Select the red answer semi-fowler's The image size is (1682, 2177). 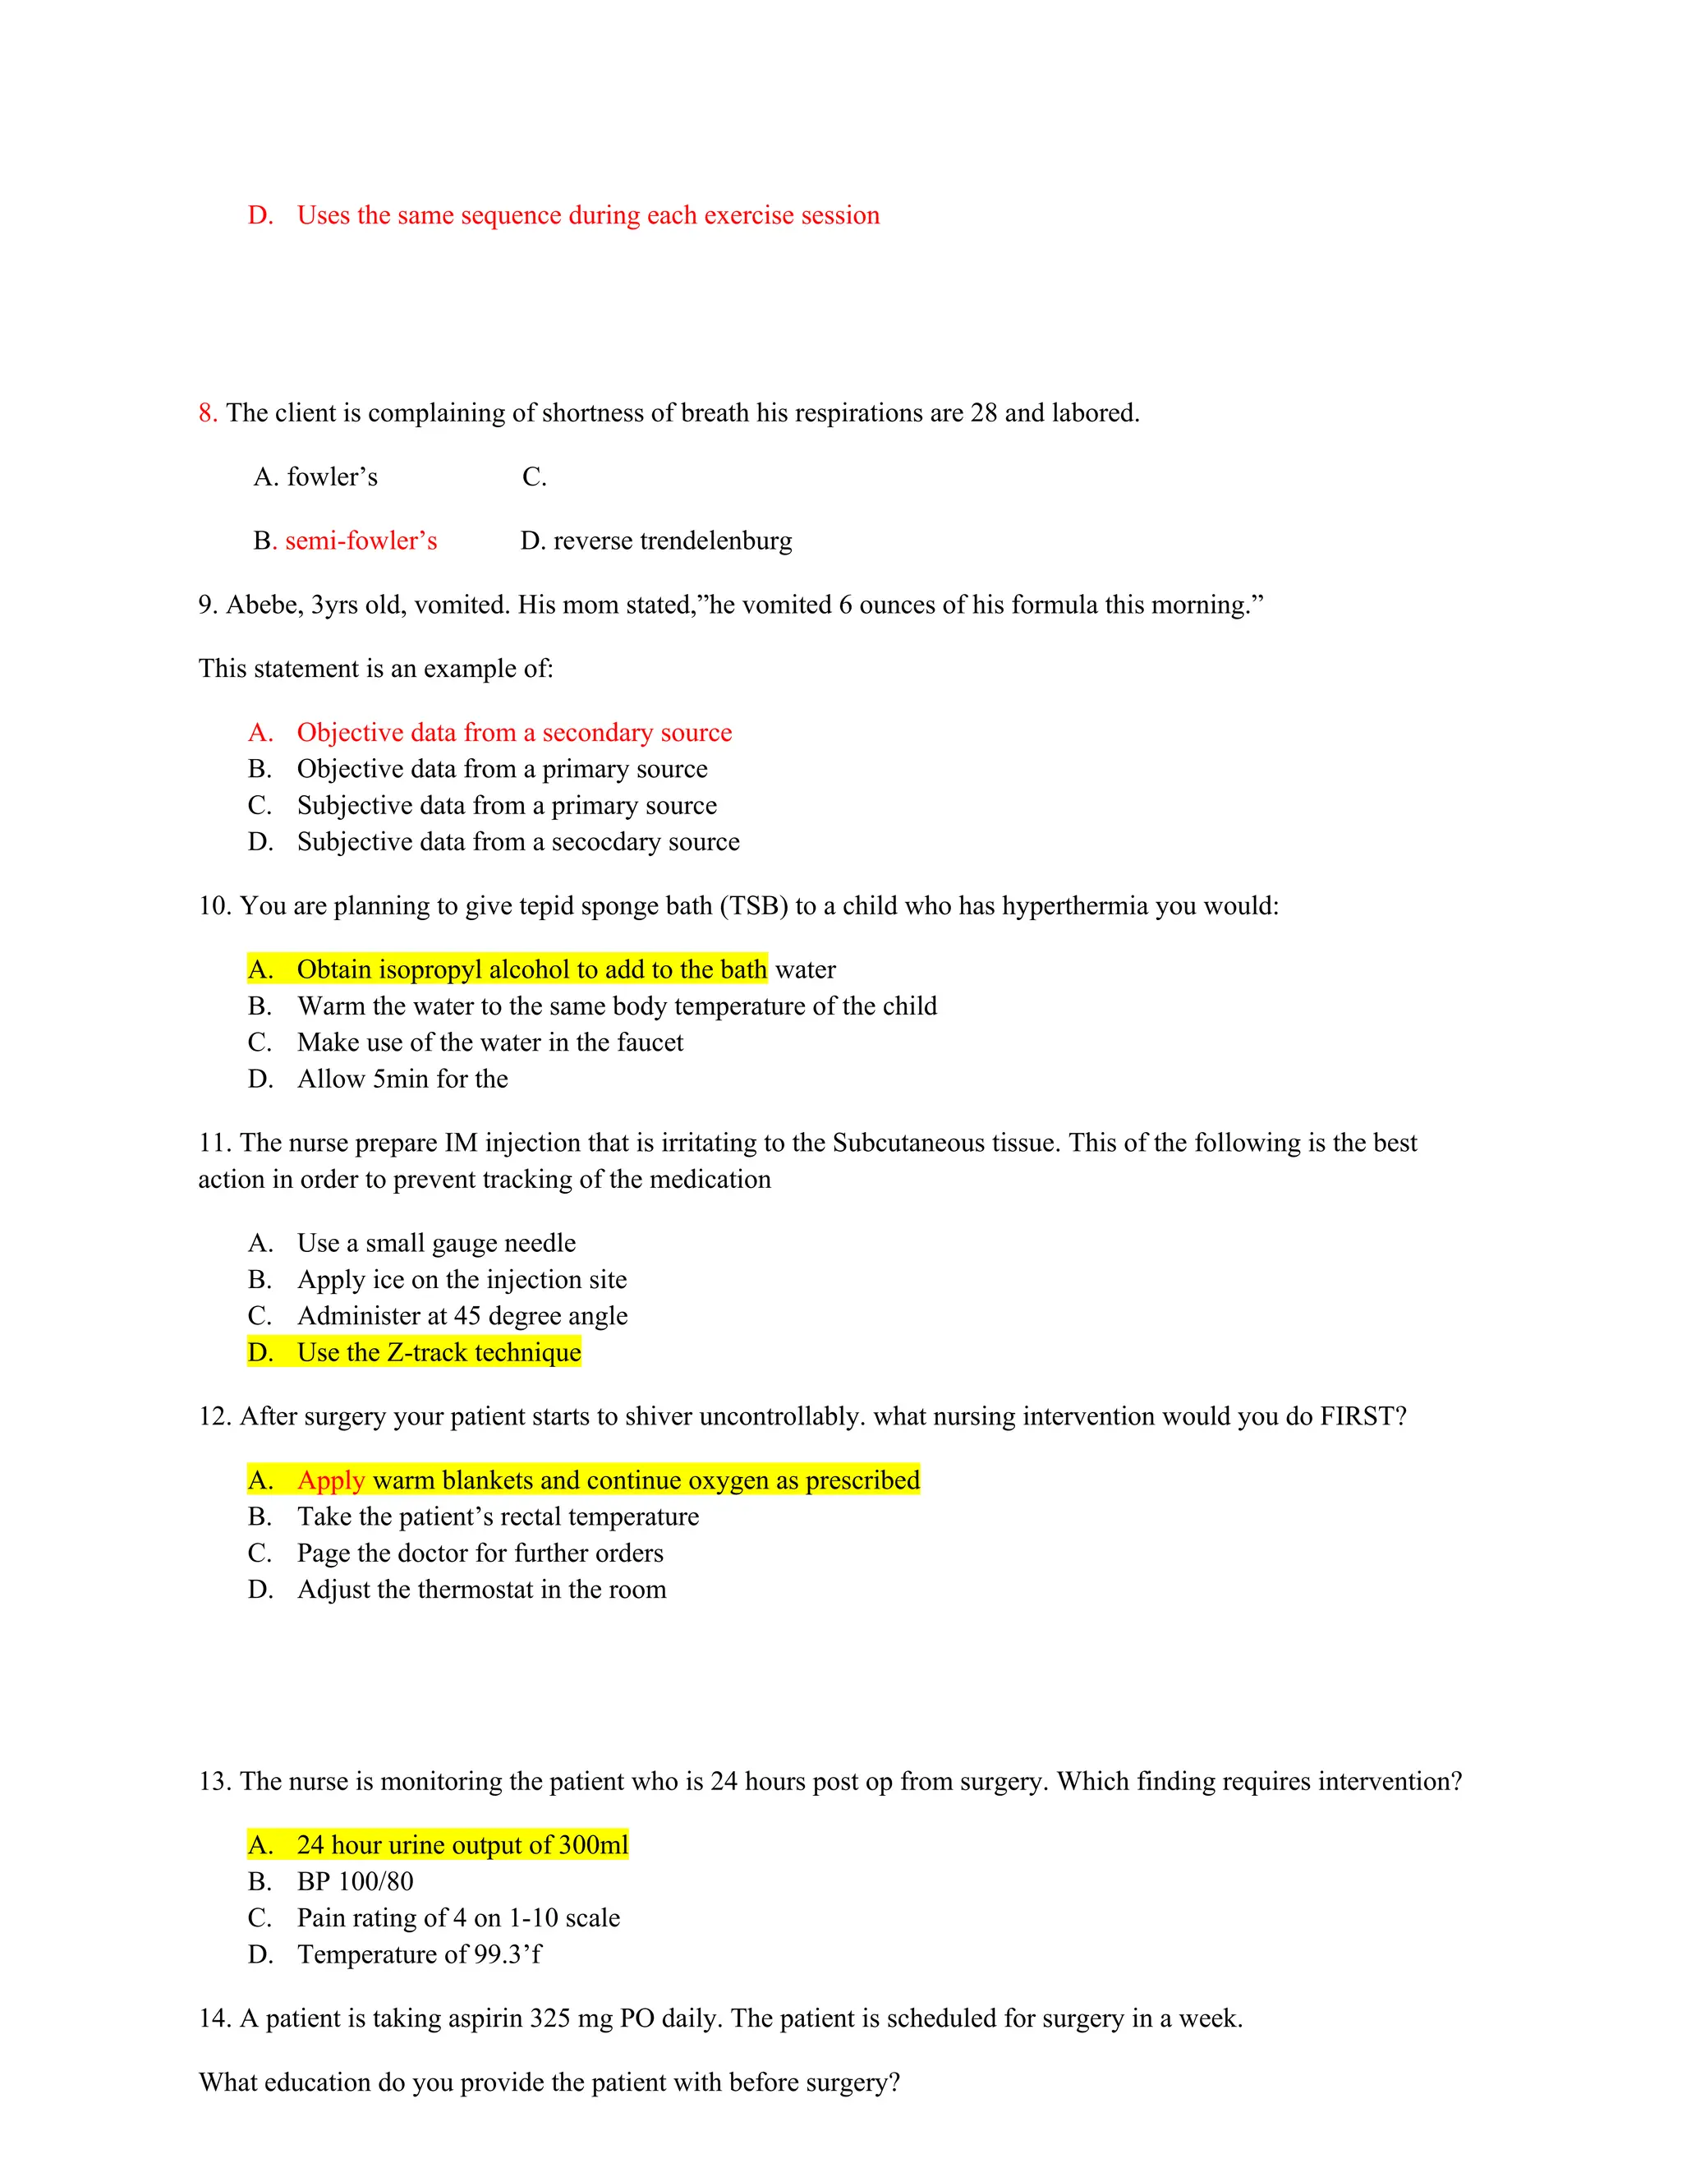361,541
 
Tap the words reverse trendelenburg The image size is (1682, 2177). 673,541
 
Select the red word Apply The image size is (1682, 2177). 331,1480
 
